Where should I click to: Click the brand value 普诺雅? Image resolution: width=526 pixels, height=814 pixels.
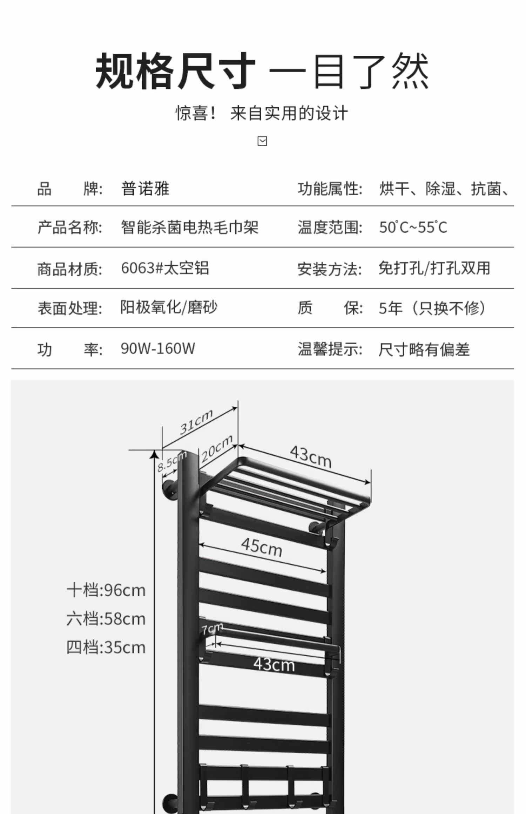tap(145, 189)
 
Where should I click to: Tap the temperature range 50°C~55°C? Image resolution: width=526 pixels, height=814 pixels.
tap(413, 228)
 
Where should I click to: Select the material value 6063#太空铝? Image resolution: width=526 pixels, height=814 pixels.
tap(165, 268)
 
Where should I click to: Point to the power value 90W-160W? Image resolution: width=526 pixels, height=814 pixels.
tap(158, 348)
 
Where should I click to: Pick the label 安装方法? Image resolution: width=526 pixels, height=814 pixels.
tap(329, 269)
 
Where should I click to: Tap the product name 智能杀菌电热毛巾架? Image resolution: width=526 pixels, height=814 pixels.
tap(189, 227)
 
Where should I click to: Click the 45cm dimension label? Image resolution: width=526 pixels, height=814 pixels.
tap(262, 547)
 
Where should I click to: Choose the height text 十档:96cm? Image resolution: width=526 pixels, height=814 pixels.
tap(106, 590)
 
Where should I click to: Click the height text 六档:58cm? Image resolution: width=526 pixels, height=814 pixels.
tap(106, 619)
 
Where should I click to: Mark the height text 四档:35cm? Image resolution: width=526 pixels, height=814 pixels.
tap(106, 647)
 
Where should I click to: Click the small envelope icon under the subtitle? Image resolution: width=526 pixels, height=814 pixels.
tap(262, 141)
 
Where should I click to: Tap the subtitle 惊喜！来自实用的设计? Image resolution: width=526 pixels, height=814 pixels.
tap(262, 113)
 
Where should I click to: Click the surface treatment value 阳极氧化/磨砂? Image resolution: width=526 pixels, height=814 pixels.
tap(169, 307)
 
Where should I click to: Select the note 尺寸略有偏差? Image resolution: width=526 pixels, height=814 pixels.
tap(424, 350)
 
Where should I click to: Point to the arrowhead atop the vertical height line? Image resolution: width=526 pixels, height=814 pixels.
tap(154, 454)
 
